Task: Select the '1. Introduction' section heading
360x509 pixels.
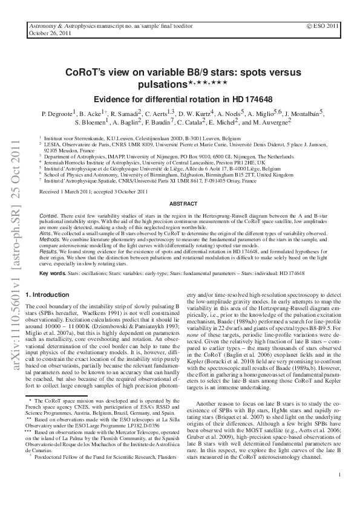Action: click(48, 295)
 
